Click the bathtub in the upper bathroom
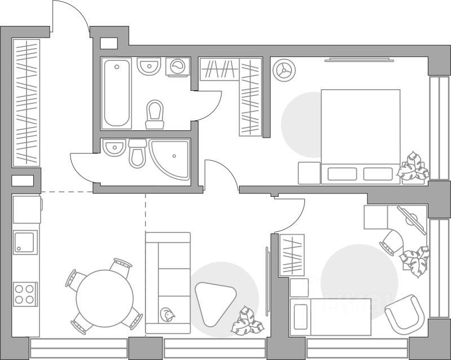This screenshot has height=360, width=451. (117, 93)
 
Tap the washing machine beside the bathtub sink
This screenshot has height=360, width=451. (179, 67)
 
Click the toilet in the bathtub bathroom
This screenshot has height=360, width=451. (154, 113)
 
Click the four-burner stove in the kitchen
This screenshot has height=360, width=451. (24, 294)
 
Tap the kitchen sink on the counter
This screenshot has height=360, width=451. (25, 243)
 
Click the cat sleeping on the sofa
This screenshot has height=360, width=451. (167, 315)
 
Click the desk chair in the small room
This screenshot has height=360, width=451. (392, 242)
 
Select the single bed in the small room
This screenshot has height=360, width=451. (333, 316)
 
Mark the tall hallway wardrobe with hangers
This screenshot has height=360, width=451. (26, 102)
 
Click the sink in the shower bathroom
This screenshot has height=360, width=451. (114, 148)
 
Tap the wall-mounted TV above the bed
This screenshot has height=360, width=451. (358, 59)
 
